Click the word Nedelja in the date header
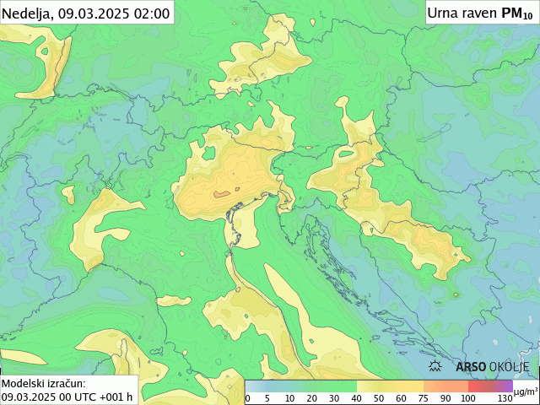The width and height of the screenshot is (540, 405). [x=28, y=13]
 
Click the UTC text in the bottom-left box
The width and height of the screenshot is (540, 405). [x=85, y=397]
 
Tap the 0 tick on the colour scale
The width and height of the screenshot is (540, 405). [x=247, y=398]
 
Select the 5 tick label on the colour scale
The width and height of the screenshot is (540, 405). [x=267, y=398]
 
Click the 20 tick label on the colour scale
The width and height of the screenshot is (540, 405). [x=312, y=398]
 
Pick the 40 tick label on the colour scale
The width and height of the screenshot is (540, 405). [x=356, y=398]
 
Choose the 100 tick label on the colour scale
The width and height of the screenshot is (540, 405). [x=467, y=398]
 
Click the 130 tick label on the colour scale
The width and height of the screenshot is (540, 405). [x=505, y=398]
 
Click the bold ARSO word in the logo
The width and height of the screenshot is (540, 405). [x=471, y=367]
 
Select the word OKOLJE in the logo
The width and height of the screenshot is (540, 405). [x=510, y=367]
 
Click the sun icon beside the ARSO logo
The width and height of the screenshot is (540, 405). [x=436, y=367]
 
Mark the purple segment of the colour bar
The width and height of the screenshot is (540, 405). [x=501, y=386]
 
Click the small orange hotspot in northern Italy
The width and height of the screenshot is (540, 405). [x=221, y=194]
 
